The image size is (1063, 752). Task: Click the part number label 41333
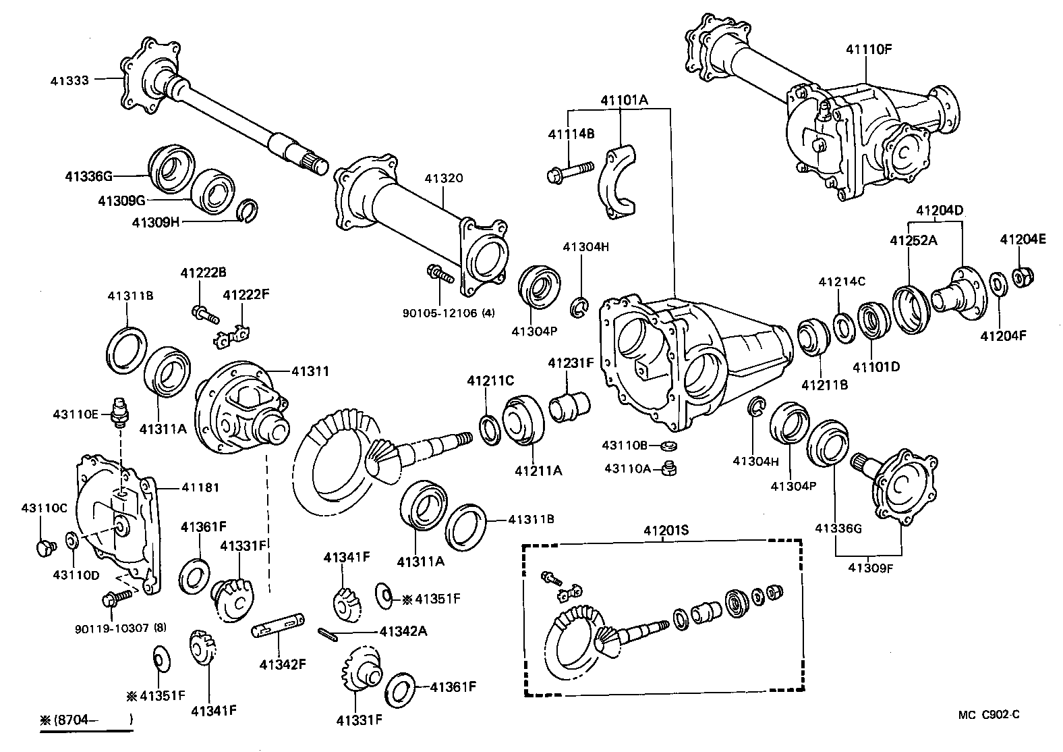click(69, 80)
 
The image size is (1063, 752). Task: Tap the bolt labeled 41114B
click(568, 171)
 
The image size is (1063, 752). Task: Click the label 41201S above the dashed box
click(666, 531)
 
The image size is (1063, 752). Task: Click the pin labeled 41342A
click(328, 633)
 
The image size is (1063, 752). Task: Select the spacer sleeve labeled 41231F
click(569, 407)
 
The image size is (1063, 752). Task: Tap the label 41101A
click(624, 100)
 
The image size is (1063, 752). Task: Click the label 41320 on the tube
click(443, 179)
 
